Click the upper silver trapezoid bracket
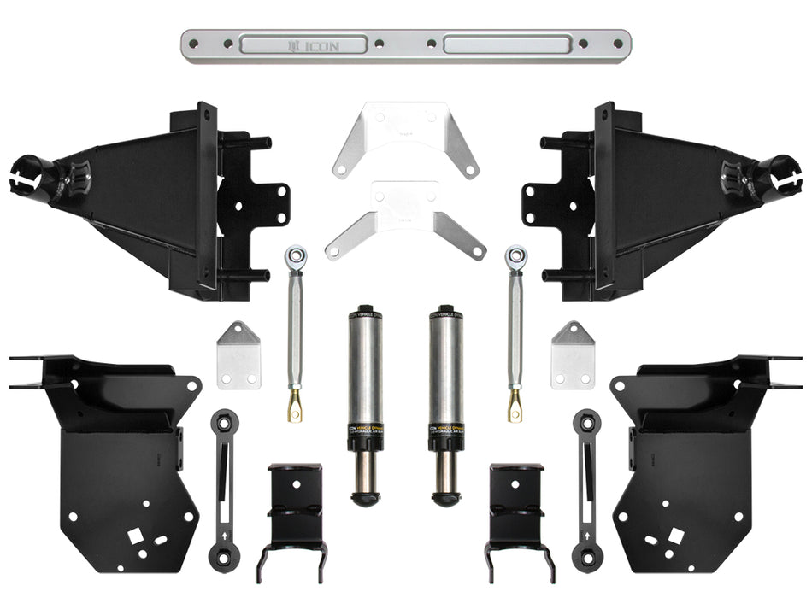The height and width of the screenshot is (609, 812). (405, 137)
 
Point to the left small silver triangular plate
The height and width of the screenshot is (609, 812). (238, 356)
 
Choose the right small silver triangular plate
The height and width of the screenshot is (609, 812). (573, 356)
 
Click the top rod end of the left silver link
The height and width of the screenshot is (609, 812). (296, 255)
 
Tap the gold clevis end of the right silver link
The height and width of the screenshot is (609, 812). (515, 406)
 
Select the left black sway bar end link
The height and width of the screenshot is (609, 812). (224, 491)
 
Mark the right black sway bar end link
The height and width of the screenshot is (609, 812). (587, 491)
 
